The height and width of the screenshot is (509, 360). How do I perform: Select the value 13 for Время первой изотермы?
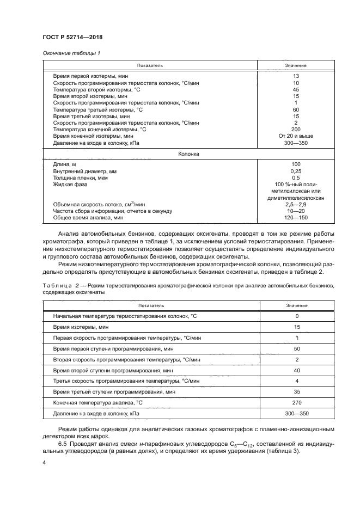click(296, 76)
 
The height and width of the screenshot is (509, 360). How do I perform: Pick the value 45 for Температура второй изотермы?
click(296, 89)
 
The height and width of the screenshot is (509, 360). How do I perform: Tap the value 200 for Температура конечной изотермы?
click(296, 130)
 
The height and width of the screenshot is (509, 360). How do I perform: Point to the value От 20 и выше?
click(296, 136)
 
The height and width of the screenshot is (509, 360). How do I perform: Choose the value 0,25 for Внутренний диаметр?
click(296, 171)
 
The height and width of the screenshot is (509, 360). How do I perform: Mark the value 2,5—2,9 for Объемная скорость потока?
click(296, 204)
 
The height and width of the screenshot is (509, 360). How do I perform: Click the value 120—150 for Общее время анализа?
click(296, 218)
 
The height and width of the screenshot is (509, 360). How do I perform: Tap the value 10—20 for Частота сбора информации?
click(296, 211)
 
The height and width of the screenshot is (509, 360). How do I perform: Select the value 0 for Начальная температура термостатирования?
click(296, 316)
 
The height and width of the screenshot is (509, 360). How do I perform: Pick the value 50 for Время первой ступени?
click(296, 348)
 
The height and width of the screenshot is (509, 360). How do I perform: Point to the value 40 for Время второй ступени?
click(296, 370)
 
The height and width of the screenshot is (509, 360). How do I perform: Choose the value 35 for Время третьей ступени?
click(296, 391)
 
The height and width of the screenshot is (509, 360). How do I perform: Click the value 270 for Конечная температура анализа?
click(296, 402)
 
